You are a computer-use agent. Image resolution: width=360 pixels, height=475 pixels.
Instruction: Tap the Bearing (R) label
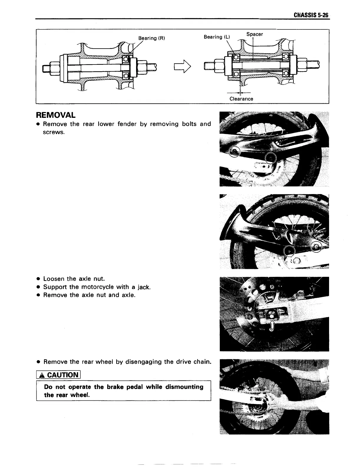pos(152,38)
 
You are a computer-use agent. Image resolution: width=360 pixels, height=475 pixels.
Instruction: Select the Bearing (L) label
pos(217,37)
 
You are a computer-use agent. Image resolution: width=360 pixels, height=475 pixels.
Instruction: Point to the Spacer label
pos(255,34)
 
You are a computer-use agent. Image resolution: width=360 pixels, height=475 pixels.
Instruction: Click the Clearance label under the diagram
pos(241,99)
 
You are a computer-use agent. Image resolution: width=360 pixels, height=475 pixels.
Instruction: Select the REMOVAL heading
pos(55,115)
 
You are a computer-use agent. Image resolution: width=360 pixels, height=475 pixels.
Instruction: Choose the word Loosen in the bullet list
pos(54,279)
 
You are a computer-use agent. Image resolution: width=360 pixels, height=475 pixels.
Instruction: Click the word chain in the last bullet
pos(203,362)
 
